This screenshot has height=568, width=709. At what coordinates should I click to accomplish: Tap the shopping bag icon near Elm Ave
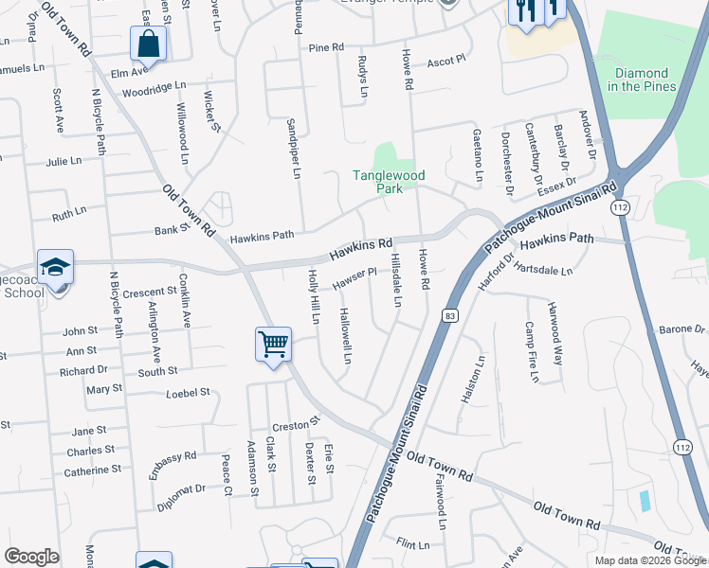[148, 44]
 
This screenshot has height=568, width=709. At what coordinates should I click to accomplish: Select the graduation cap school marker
[55, 267]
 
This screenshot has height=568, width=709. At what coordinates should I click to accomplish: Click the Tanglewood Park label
[390, 182]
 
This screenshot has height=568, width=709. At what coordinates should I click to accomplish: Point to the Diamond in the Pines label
[642, 80]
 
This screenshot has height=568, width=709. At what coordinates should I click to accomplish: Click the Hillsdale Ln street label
[397, 280]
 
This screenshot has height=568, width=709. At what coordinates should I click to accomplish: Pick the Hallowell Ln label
[346, 335]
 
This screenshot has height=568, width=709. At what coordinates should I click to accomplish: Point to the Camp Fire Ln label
[531, 352]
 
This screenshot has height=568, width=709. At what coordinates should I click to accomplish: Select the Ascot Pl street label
[446, 60]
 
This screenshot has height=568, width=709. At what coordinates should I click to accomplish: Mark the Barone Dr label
[682, 330]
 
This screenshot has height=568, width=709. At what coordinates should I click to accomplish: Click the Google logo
[31, 557]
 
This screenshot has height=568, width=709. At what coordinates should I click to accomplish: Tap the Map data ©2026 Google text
[650, 560]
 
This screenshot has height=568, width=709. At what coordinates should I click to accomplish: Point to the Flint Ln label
[413, 544]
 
